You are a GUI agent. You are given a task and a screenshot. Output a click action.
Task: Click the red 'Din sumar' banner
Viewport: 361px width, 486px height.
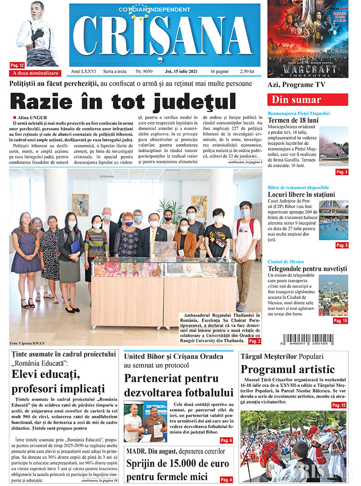coord(307,100)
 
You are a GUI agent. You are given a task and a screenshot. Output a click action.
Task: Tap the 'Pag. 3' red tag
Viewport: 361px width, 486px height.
coord(342,172)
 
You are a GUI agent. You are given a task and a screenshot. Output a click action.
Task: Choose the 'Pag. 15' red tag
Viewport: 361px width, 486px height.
coord(341,321)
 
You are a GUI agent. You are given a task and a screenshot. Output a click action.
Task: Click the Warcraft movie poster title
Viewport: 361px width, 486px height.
coord(309,69)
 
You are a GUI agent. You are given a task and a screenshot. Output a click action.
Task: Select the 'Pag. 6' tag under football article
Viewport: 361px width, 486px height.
coord(226,440)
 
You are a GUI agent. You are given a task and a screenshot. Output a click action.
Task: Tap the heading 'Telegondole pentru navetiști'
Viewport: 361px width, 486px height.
coord(307,269)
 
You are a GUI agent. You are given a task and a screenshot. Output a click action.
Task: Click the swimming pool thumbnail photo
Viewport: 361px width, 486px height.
coord(333,220)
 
